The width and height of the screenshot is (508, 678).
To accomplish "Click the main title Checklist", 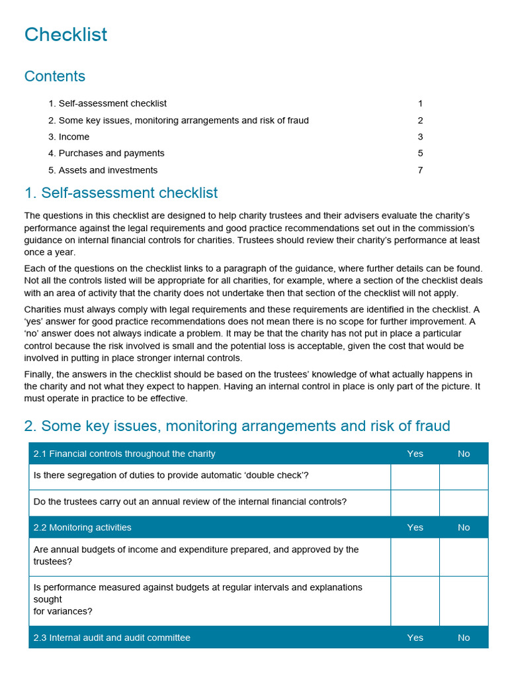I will tap(65, 34).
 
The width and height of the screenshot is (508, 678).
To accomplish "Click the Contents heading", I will tap(55, 76).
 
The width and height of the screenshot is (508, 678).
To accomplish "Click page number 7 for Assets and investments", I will tap(420, 170).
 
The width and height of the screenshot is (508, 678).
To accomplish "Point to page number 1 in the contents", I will tap(420, 103).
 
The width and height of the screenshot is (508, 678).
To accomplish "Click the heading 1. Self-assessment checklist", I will tap(121, 193).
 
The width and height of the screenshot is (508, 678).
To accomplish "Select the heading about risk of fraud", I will tap(237, 426).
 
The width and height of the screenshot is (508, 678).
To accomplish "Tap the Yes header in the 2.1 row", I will tap(415, 454).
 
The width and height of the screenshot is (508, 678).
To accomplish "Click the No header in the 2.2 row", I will tap(464, 528).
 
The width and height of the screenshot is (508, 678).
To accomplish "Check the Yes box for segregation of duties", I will tap(415, 477).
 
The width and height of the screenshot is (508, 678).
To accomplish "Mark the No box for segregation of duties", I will tap(464, 477).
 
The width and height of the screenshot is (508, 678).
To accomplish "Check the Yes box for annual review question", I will tap(415, 503).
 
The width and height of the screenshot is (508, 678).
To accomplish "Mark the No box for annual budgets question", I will tap(464, 556).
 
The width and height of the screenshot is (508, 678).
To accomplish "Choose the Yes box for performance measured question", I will tap(415, 601).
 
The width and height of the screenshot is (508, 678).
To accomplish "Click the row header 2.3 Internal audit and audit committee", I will tap(112, 638).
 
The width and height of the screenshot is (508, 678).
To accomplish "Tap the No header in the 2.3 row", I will tap(464, 638).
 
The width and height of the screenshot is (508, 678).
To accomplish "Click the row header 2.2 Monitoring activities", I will tap(83, 528).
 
